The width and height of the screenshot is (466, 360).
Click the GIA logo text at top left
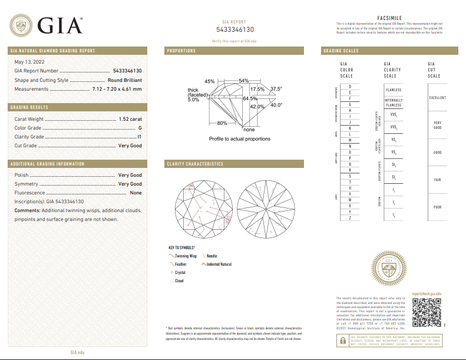60,27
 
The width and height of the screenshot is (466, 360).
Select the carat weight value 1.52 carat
130,119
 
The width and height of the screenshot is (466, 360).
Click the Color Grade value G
140,128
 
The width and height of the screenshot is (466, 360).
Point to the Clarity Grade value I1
139,137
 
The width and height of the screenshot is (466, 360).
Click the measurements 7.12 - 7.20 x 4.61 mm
117,89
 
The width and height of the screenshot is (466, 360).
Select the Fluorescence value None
135,193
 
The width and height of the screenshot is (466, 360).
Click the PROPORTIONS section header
181,51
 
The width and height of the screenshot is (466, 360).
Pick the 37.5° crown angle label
276,89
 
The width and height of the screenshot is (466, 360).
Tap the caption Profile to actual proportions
240,138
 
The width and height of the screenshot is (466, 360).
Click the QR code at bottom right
425,312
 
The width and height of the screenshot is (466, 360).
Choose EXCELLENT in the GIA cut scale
437,98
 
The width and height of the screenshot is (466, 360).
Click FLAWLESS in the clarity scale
393,90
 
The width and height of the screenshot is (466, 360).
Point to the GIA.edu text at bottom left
78,352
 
